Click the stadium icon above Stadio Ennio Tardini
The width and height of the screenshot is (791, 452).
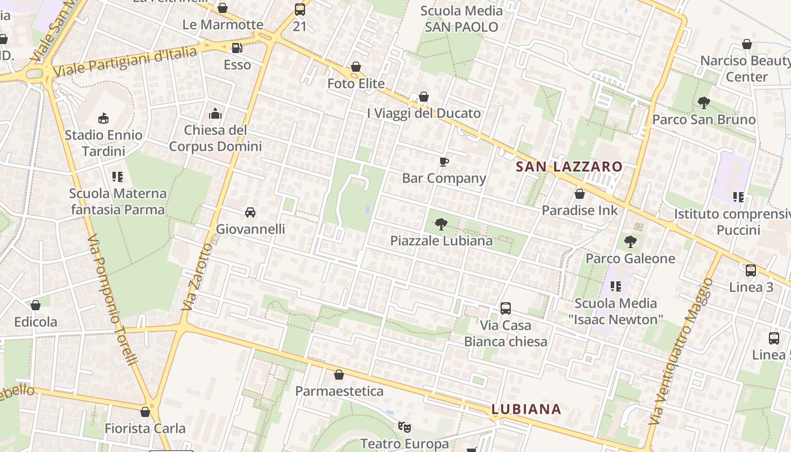coord(103,118)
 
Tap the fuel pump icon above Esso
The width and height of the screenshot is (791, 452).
coord(237,48)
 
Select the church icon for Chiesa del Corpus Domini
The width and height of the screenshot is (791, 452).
coord(215,114)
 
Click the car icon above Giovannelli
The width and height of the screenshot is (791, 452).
coord(250,212)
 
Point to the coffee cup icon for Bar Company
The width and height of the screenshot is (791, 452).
coord(444,162)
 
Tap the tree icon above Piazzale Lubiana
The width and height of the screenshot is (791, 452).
coord(441,224)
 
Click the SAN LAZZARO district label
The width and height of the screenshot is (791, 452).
coord(569,167)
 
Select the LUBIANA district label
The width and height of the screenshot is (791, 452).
coord(526,409)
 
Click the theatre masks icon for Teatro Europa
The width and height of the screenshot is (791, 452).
coord(405,427)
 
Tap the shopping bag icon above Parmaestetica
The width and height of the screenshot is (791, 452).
coord(339,375)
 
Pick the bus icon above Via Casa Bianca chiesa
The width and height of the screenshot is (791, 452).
coord(506,308)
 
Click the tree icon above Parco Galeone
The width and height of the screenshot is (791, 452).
coord(631,242)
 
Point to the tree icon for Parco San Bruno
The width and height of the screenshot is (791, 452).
coord(703,103)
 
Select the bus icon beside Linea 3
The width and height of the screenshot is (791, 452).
coord(751,271)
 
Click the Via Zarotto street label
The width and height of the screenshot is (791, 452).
coord(197,277)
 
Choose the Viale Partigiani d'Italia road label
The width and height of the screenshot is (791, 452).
coord(124,62)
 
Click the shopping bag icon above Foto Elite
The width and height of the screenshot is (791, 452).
coord(356,67)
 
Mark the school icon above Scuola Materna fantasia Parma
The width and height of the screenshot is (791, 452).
coord(118,177)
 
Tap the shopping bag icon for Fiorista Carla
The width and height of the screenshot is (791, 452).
coord(145,412)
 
